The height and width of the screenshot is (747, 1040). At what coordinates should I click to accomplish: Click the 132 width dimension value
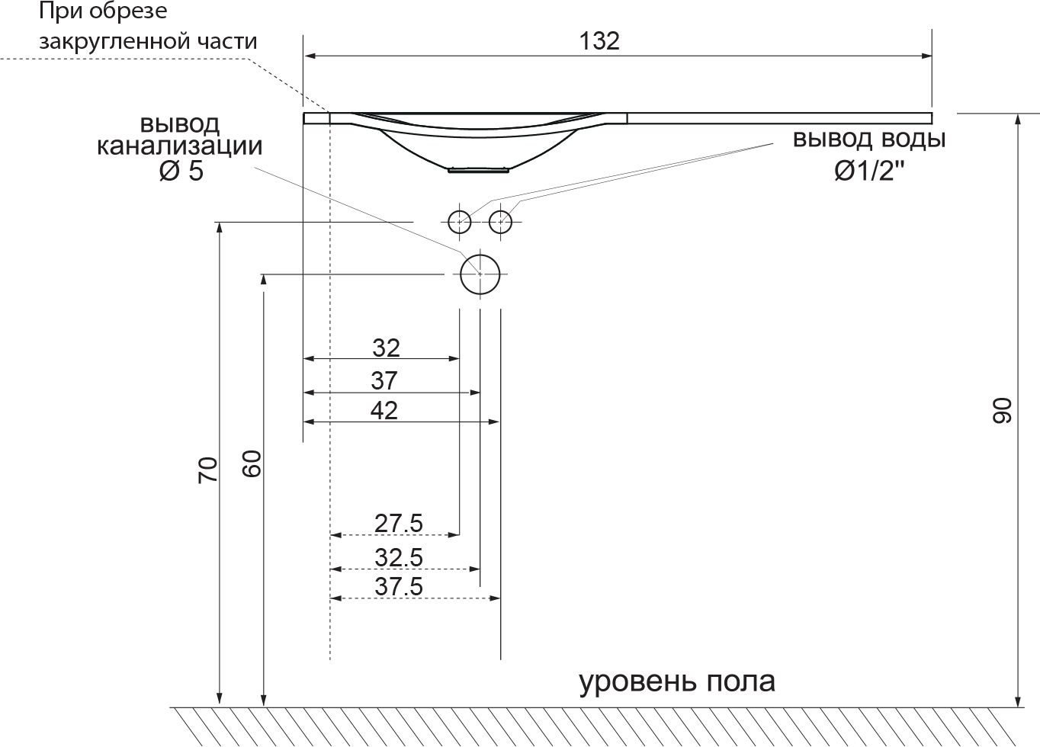pyautogui.click(x=599, y=41)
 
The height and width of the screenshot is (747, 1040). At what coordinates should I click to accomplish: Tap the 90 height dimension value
pyautogui.click(x=1001, y=410)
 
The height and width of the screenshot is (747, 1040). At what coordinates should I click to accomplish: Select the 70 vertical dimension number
pyautogui.click(x=207, y=470)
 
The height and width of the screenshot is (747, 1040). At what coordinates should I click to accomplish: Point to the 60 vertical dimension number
pyautogui.click(x=252, y=463)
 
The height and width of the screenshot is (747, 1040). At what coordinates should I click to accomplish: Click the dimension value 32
pyautogui.click(x=386, y=348)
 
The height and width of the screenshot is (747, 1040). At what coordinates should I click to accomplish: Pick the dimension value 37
pyautogui.click(x=384, y=380)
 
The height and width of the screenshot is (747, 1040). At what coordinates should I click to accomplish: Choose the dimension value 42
pyautogui.click(x=384, y=410)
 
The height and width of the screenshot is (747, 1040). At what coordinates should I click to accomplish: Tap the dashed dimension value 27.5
pyautogui.click(x=398, y=523)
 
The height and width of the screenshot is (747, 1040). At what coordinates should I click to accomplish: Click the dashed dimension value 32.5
pyautogui.click(x=398, y=557)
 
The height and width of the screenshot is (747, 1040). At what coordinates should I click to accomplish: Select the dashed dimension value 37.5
pyautogui.click(x=398, y=586)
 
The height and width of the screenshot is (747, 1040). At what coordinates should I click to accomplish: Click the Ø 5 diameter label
pyautogui.click(x=181, y=171)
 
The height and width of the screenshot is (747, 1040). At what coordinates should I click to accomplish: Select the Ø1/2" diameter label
pyautogui.click(x=870, y=171)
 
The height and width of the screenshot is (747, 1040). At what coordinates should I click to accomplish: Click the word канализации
pyautogui.click(x=180, y=146)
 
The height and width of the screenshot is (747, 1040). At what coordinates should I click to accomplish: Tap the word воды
pyautogui.click(x=913, y=139)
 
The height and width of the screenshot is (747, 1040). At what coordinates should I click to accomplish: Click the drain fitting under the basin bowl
pyautogui.click(x=478, y=171)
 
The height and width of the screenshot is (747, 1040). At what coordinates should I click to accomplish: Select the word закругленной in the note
pyautogui.click(x=115, y=42)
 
